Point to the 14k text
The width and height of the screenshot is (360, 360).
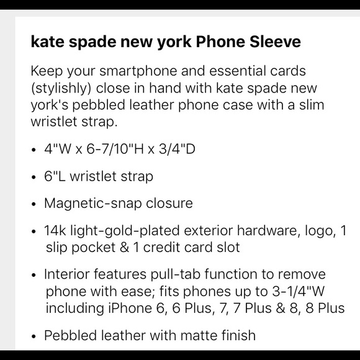tap(54, 230)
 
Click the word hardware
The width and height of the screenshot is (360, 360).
tap(244, 230)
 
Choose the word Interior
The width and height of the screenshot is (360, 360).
tap(66, 274)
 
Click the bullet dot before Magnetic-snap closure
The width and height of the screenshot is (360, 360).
tap(33, 204)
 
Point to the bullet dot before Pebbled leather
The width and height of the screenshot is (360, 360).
tap(33, 336)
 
